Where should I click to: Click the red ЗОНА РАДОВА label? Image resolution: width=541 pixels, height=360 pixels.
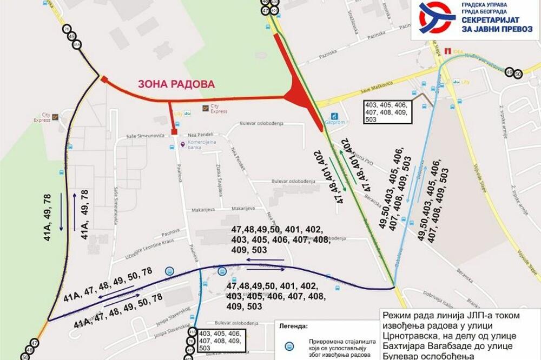pyautogui.click(x=176, y=84)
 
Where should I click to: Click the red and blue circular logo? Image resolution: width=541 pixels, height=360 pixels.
pyautogui.click(x=437, y=17)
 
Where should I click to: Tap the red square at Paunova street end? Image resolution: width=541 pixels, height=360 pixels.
pyautogui.click(x=174, y=131)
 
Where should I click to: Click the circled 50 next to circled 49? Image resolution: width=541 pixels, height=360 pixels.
pyautogui.click(x=518, y=73)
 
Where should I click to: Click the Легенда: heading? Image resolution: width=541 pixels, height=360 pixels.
pyautogui.click(x=293, y=326)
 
